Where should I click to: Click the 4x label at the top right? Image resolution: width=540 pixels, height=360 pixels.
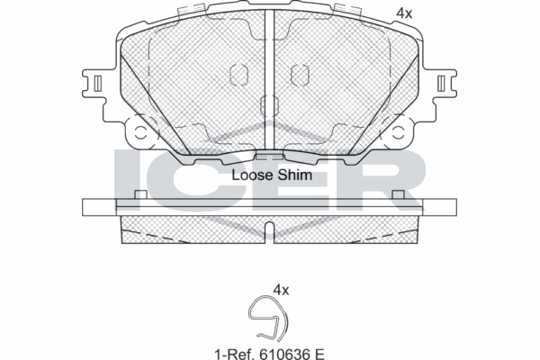[x=405, y=13]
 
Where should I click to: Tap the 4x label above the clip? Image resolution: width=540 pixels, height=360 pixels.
[x=281, y=290]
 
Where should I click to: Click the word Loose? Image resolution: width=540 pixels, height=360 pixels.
[x=252, y=175]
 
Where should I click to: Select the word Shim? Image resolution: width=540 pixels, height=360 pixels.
[x=295, y=175]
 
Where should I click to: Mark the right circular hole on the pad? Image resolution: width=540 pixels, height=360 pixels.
[x=396, y=132]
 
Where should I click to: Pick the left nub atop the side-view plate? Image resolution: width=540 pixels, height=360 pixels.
[x=139, y=195]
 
